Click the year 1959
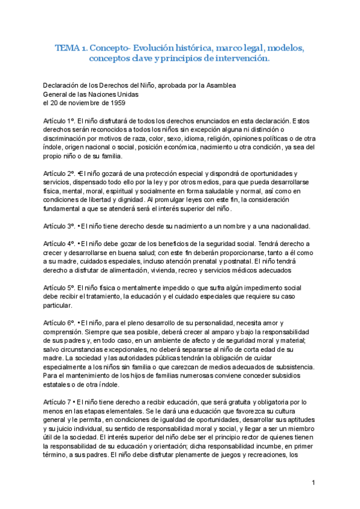[116, 103]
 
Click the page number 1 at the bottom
[314, 483]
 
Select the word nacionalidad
[286, 226]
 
